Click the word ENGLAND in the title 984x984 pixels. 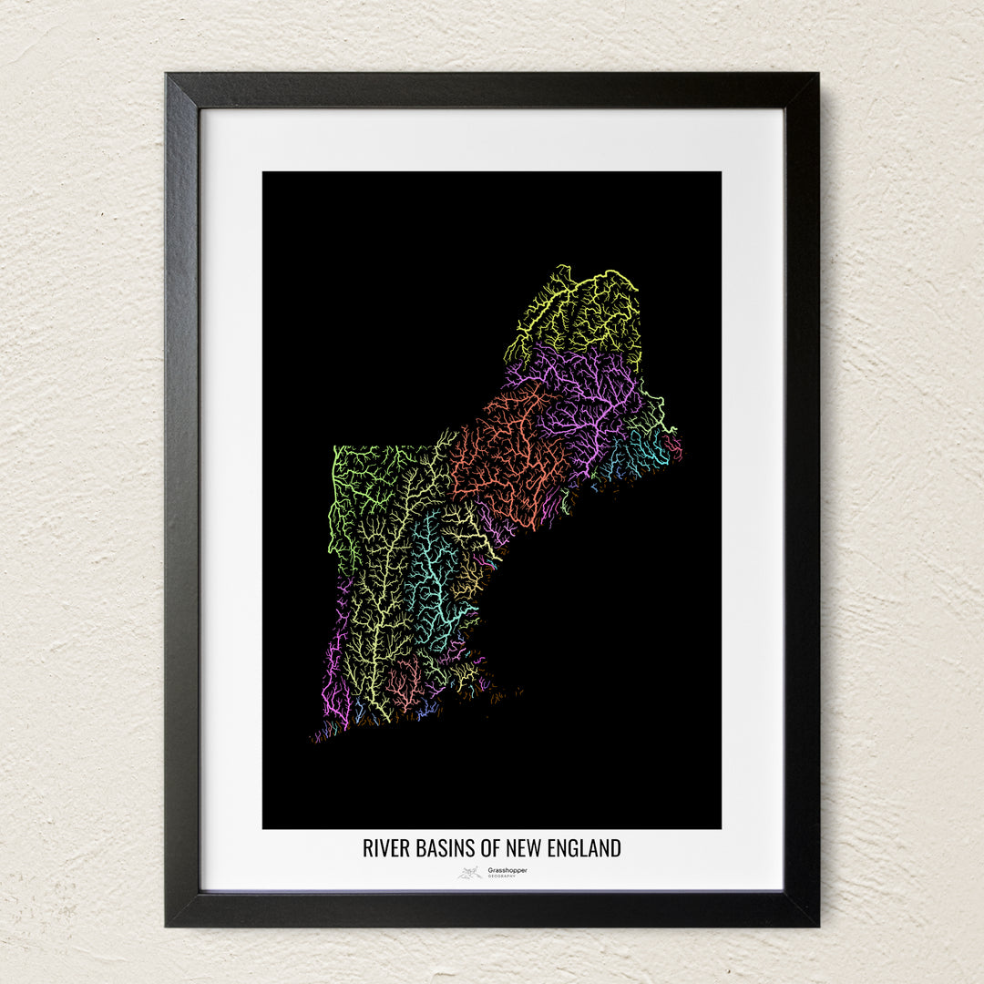click(x=584, y=848)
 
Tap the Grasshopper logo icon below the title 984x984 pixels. click(x=470, y=873)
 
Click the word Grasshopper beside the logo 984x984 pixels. click(x=507, y=870)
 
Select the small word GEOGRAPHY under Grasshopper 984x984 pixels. click(x=501, y=876)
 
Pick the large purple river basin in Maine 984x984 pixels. click(x=583, y=392)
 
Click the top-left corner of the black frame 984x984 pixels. click(x=168, y=76)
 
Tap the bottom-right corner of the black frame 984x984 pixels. click(x=817, y=924)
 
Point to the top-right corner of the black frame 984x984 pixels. click(x=817, y=76)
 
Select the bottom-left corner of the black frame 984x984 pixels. click(x=168, y=924)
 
